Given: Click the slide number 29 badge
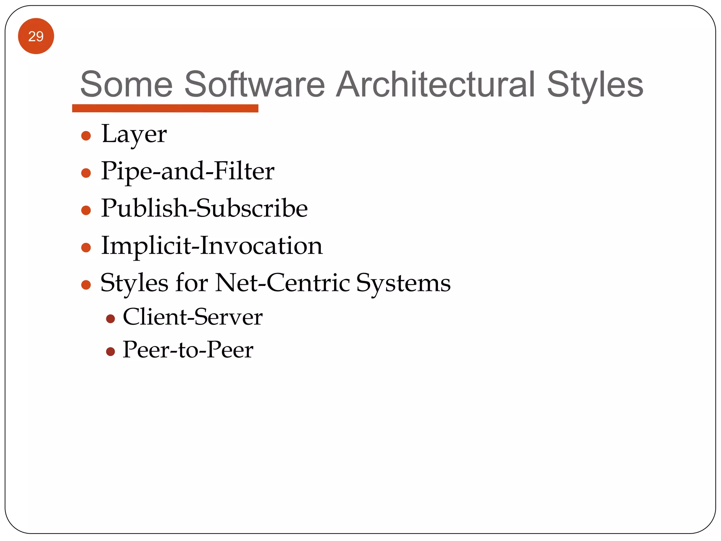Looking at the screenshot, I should [36, 36].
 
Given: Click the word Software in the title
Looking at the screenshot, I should [255, 85].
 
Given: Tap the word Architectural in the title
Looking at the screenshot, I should [435, 85].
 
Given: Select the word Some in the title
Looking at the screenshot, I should [126, 85].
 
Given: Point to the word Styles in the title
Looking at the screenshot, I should [595, 85].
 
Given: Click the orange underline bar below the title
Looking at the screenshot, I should [165, 108].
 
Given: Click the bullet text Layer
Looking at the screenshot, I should [134, 135].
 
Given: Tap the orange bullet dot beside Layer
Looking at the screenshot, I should [86, 136].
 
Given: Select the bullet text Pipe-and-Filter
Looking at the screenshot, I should [188, 171].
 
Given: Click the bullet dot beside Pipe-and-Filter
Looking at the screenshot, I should [86, 173].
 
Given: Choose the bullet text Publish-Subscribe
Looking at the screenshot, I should [204, 208].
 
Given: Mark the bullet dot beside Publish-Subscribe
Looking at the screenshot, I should [86, 210].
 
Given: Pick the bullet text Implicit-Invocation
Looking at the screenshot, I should [212, 245].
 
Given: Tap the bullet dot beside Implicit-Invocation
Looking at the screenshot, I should [86, 248].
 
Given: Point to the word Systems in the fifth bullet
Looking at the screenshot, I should [403, 284].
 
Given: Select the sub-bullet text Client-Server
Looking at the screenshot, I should [193, 317].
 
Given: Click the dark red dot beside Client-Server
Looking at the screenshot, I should [111, 319].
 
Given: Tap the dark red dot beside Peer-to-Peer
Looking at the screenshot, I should [111, 352].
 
